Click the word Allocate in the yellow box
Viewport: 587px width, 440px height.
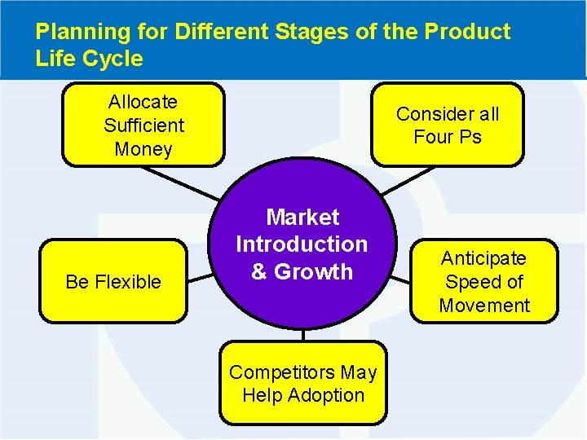coord(143,102)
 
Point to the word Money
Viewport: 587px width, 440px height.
coord(143,149)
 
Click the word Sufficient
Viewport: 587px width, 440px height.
coord(143,125)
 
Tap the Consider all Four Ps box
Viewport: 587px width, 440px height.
coord(447,125)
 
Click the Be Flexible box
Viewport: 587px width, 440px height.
coord(113,281)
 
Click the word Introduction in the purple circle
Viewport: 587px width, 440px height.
coord(302,244)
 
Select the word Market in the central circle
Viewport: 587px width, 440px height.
coord(302,218)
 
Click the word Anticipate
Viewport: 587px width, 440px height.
coord(483,258)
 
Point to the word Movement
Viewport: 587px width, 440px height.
coord(483,306)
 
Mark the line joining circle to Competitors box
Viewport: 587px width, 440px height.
coord(302,334)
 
